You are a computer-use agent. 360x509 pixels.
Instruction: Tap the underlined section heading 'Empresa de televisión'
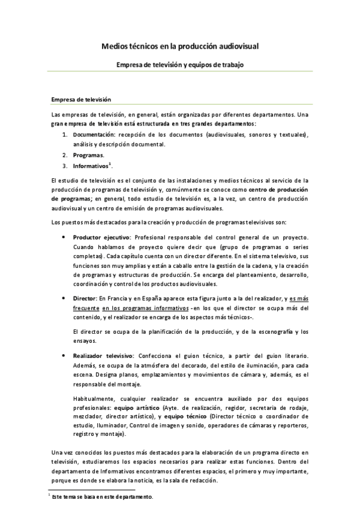(x=82, y=100)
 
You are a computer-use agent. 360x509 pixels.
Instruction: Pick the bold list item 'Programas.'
(x=88, y=155)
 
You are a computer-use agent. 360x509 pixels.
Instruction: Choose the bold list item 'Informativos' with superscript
(x=91, y=165)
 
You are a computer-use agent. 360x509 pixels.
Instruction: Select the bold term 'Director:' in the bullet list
(x=85, y=298)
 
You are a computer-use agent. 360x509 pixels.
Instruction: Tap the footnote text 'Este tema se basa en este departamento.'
(x=103, y=497)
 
